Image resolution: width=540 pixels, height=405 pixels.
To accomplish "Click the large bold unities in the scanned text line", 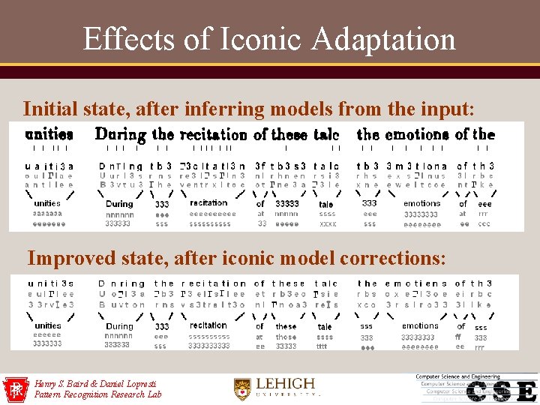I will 49,136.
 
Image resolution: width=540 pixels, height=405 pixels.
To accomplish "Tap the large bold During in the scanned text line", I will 120,135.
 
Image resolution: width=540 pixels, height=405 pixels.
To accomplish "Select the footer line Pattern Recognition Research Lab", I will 97,394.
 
